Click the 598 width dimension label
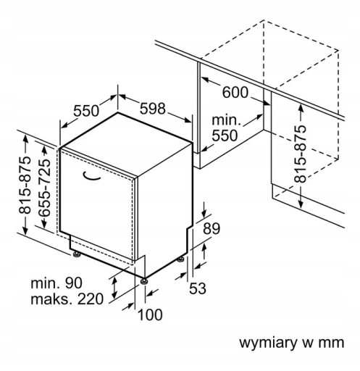pyautogui.click(x=153, y=109)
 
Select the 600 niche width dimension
pyautogui.click(x=235, y=92)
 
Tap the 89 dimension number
pyautogui.click(x=212, y=228)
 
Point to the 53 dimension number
pyautogui.click(x=198, y=288)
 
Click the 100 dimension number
pyautogui.click(x=150, y=314)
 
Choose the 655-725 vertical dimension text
pyautogui.click(x=45, y=188)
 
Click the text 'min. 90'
pyautogui.click(x=56, y=283)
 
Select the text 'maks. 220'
pyautogui.click(x=67, y=299)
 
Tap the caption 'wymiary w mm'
pyautogui.click(x=292, y=343)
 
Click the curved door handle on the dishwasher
pyautogui.click(x=91, y=177)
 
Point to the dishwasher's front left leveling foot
pyautogui.click(x=77, y=254)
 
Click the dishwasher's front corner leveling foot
pyautogui.click(x=144, y=282)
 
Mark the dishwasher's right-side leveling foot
pyautogui.click(x=180, y=259)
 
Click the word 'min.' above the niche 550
pyautogui.click(x=227, y=120)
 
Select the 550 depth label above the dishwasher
pyautogui.click(x=86, y=111)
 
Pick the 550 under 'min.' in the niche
pyautogui.click(x=225, y=136)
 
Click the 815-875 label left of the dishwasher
pyautogui.click(x=25, y=185)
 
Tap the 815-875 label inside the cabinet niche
pyautogui.click(x=300, y=154)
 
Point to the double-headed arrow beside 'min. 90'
pyautogui.click(x=114, y=288)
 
